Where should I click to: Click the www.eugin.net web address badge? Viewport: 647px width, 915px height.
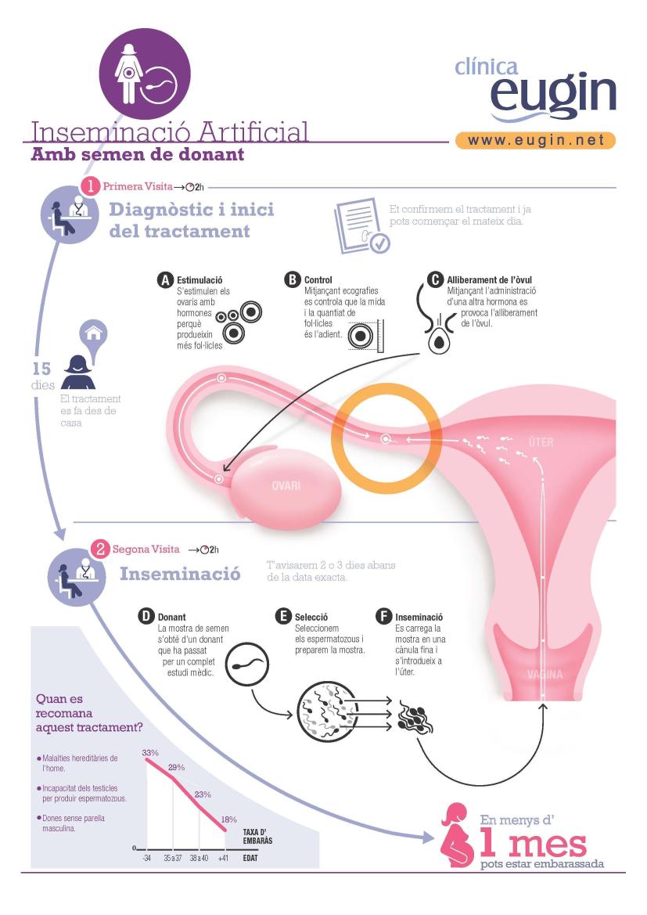(535, 140)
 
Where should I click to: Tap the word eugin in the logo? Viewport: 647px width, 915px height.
(553, 95)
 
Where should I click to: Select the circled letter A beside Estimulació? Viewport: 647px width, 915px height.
(166, 279)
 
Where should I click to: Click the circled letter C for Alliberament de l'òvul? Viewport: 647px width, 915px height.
(435, 279)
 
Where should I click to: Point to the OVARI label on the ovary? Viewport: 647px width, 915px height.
(286, 485)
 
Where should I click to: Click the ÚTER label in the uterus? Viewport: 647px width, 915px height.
(541, 442)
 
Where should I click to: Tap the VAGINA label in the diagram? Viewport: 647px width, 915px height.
(545, 675)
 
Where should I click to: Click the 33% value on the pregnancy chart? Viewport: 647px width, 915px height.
(150, 753)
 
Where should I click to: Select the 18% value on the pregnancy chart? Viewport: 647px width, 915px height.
(228, 820)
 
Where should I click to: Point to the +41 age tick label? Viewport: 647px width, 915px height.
(224, 858)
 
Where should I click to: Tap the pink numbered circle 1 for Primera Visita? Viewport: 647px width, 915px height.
(91, 186)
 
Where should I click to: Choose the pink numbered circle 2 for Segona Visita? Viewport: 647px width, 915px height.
(100, 549)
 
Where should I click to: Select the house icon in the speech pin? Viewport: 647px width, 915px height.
(93, 333)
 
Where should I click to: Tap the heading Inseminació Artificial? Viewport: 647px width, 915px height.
(169, 131)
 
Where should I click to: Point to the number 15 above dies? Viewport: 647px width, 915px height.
(41, 369)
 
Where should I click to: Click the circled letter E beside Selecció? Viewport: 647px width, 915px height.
(283, 616)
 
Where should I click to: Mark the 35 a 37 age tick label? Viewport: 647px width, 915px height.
(172, 858)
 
